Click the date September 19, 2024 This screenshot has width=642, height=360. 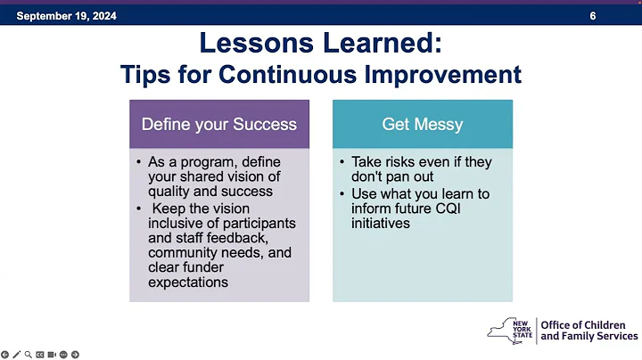coord(67,16)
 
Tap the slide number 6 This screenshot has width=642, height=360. coord(593,16)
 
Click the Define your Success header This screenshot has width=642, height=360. coord(219,124)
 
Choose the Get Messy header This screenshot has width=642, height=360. coord(423,124)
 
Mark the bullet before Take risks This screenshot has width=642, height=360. coord(343,162)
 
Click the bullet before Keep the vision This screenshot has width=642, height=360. coord(140,209)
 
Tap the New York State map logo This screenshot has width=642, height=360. coord(511,330)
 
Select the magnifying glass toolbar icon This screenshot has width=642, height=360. coord(28,354)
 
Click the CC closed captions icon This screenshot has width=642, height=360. coord(40,354)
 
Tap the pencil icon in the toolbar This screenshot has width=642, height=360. coord(16,354)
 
